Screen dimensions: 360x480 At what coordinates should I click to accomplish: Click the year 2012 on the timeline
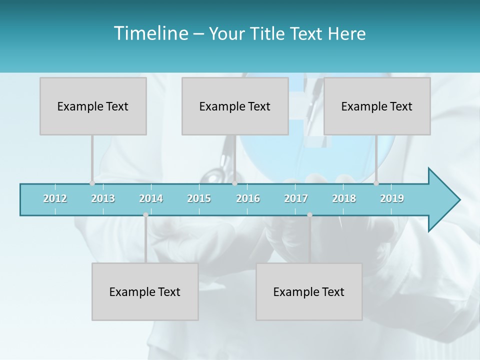tap(55, 198)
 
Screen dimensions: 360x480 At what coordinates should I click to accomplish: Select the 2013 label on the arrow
tap(103, 198)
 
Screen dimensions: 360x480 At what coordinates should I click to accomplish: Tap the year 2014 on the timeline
tap(151, 198)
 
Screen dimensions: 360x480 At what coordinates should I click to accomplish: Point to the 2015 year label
tap(199, 198)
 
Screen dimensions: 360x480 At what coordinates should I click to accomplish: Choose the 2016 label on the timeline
tap(248, 198)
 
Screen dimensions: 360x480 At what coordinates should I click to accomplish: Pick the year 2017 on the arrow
tap(296, 198)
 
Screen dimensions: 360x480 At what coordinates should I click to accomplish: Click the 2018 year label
tap(344, 198)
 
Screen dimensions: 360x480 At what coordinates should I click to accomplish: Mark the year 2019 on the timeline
tap(392, 198)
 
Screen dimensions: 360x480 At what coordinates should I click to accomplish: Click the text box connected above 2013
tap(93, 106)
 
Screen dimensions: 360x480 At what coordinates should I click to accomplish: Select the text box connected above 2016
tap(235, 106)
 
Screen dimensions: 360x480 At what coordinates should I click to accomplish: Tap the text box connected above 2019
tap(377, 106)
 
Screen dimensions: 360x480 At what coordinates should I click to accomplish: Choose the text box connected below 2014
tap(145, 291)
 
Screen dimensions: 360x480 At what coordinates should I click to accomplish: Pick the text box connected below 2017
tap(309, 291)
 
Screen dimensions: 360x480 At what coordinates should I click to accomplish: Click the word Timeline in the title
tap(150, 33)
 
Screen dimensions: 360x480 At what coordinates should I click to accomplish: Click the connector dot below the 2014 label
tap(145, 215)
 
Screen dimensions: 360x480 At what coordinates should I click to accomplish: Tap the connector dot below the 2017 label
tap(309, 215)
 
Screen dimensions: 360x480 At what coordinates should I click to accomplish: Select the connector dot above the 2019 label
tap(376, 183)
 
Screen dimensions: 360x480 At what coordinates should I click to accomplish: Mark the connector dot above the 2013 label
tap(92, 183)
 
